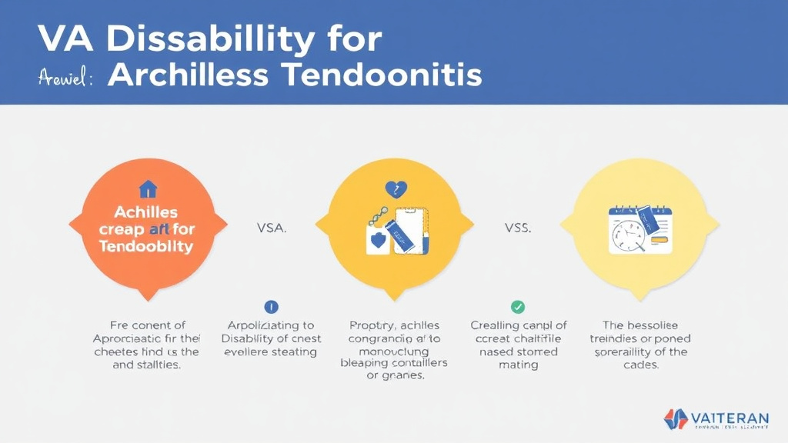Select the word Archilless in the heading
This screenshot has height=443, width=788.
coord(189,75)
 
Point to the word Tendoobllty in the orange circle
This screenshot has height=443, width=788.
coord(146,246)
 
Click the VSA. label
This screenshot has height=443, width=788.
coord(271,228)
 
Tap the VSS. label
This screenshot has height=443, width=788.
coord(517,228)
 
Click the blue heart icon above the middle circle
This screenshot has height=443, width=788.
coord(393,189)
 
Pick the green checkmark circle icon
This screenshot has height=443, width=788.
coord(518,307)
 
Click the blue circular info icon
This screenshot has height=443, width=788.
coord(271,307)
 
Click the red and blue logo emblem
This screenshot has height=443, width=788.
coord(675,419)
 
